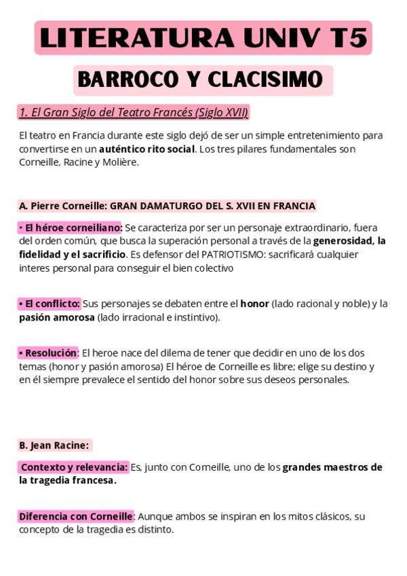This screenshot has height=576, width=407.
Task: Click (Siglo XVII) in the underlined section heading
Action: [221, 113]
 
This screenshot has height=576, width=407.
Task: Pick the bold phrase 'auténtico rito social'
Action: [147, 149]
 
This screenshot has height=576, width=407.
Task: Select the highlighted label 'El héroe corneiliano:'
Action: [71, 228]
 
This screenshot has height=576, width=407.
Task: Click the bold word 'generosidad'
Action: [343, 241]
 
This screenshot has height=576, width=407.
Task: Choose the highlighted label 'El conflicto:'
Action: [50, 304]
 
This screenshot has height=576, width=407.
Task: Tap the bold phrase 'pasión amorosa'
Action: [57, 317]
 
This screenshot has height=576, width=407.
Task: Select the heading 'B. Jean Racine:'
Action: [54, 446]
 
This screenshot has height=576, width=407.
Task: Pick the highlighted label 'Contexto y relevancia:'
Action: [73, 467]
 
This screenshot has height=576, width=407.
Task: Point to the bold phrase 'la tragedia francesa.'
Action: [67, 481]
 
